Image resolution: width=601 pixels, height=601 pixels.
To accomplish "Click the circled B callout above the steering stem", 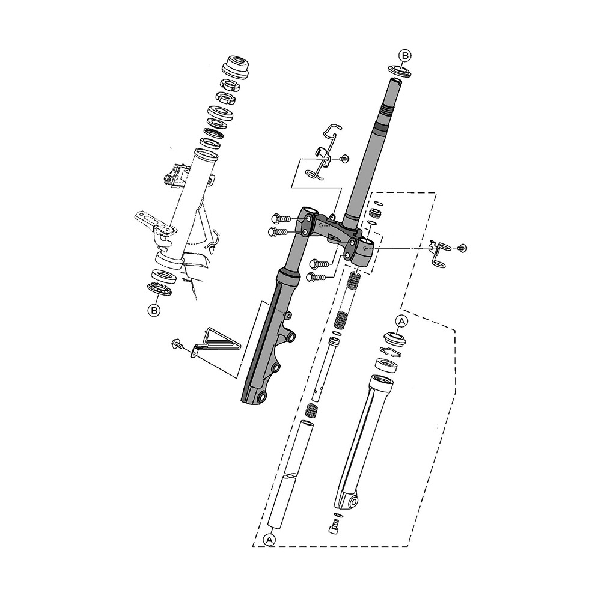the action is coord(404,55).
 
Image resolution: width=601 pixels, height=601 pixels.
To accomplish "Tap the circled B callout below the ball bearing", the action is coord(154,310).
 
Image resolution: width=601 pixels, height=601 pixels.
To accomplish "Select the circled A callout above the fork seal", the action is coord(401,321).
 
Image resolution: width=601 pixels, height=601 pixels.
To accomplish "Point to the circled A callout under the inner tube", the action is coord(270,540).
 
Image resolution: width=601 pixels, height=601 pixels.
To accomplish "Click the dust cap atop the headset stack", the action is coord(236,67).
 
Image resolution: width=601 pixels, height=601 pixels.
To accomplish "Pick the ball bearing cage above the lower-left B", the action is coord(159,288).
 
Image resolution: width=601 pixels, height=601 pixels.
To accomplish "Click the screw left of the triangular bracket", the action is coord(177,344).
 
